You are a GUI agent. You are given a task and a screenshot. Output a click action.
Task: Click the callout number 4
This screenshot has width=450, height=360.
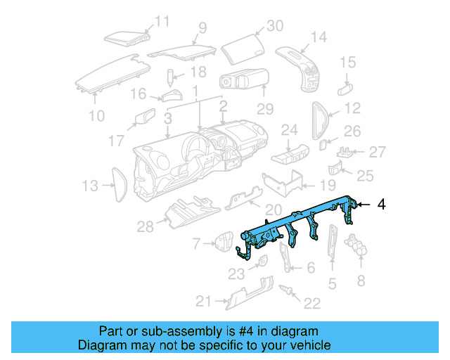click(x=382, y=204)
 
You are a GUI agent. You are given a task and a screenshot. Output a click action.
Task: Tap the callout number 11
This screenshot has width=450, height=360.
click(x=162, y=21)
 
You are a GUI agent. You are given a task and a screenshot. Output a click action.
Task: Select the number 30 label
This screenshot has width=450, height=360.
click(x=274, y=25)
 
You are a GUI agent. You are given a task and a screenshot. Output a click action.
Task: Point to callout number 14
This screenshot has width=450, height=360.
click(x=319, y=37)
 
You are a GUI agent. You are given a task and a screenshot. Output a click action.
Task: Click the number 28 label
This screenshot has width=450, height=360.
click(x=145, y=226)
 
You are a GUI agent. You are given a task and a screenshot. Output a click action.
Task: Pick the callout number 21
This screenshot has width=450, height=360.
click(x=203, y=302)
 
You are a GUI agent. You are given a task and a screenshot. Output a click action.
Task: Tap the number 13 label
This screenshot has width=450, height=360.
click(x=90, y=186)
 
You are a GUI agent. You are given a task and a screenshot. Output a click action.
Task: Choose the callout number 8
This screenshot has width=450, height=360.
click(x=361, y=281)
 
